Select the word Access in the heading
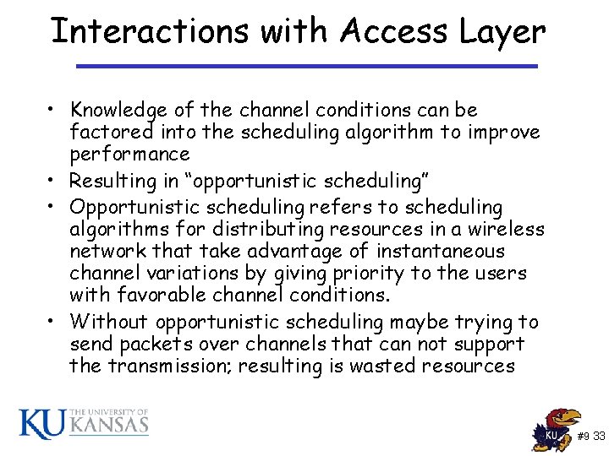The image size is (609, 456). [x=396, y=31]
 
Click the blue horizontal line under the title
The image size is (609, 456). [x=306, y=66]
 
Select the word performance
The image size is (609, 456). [x=129, y=155]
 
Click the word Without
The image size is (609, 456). [x=110, y=322]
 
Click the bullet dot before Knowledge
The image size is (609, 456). [x=53, y=111]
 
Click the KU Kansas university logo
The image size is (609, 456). [x=84, y=421]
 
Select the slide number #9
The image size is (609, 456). [x=584, y=437]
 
